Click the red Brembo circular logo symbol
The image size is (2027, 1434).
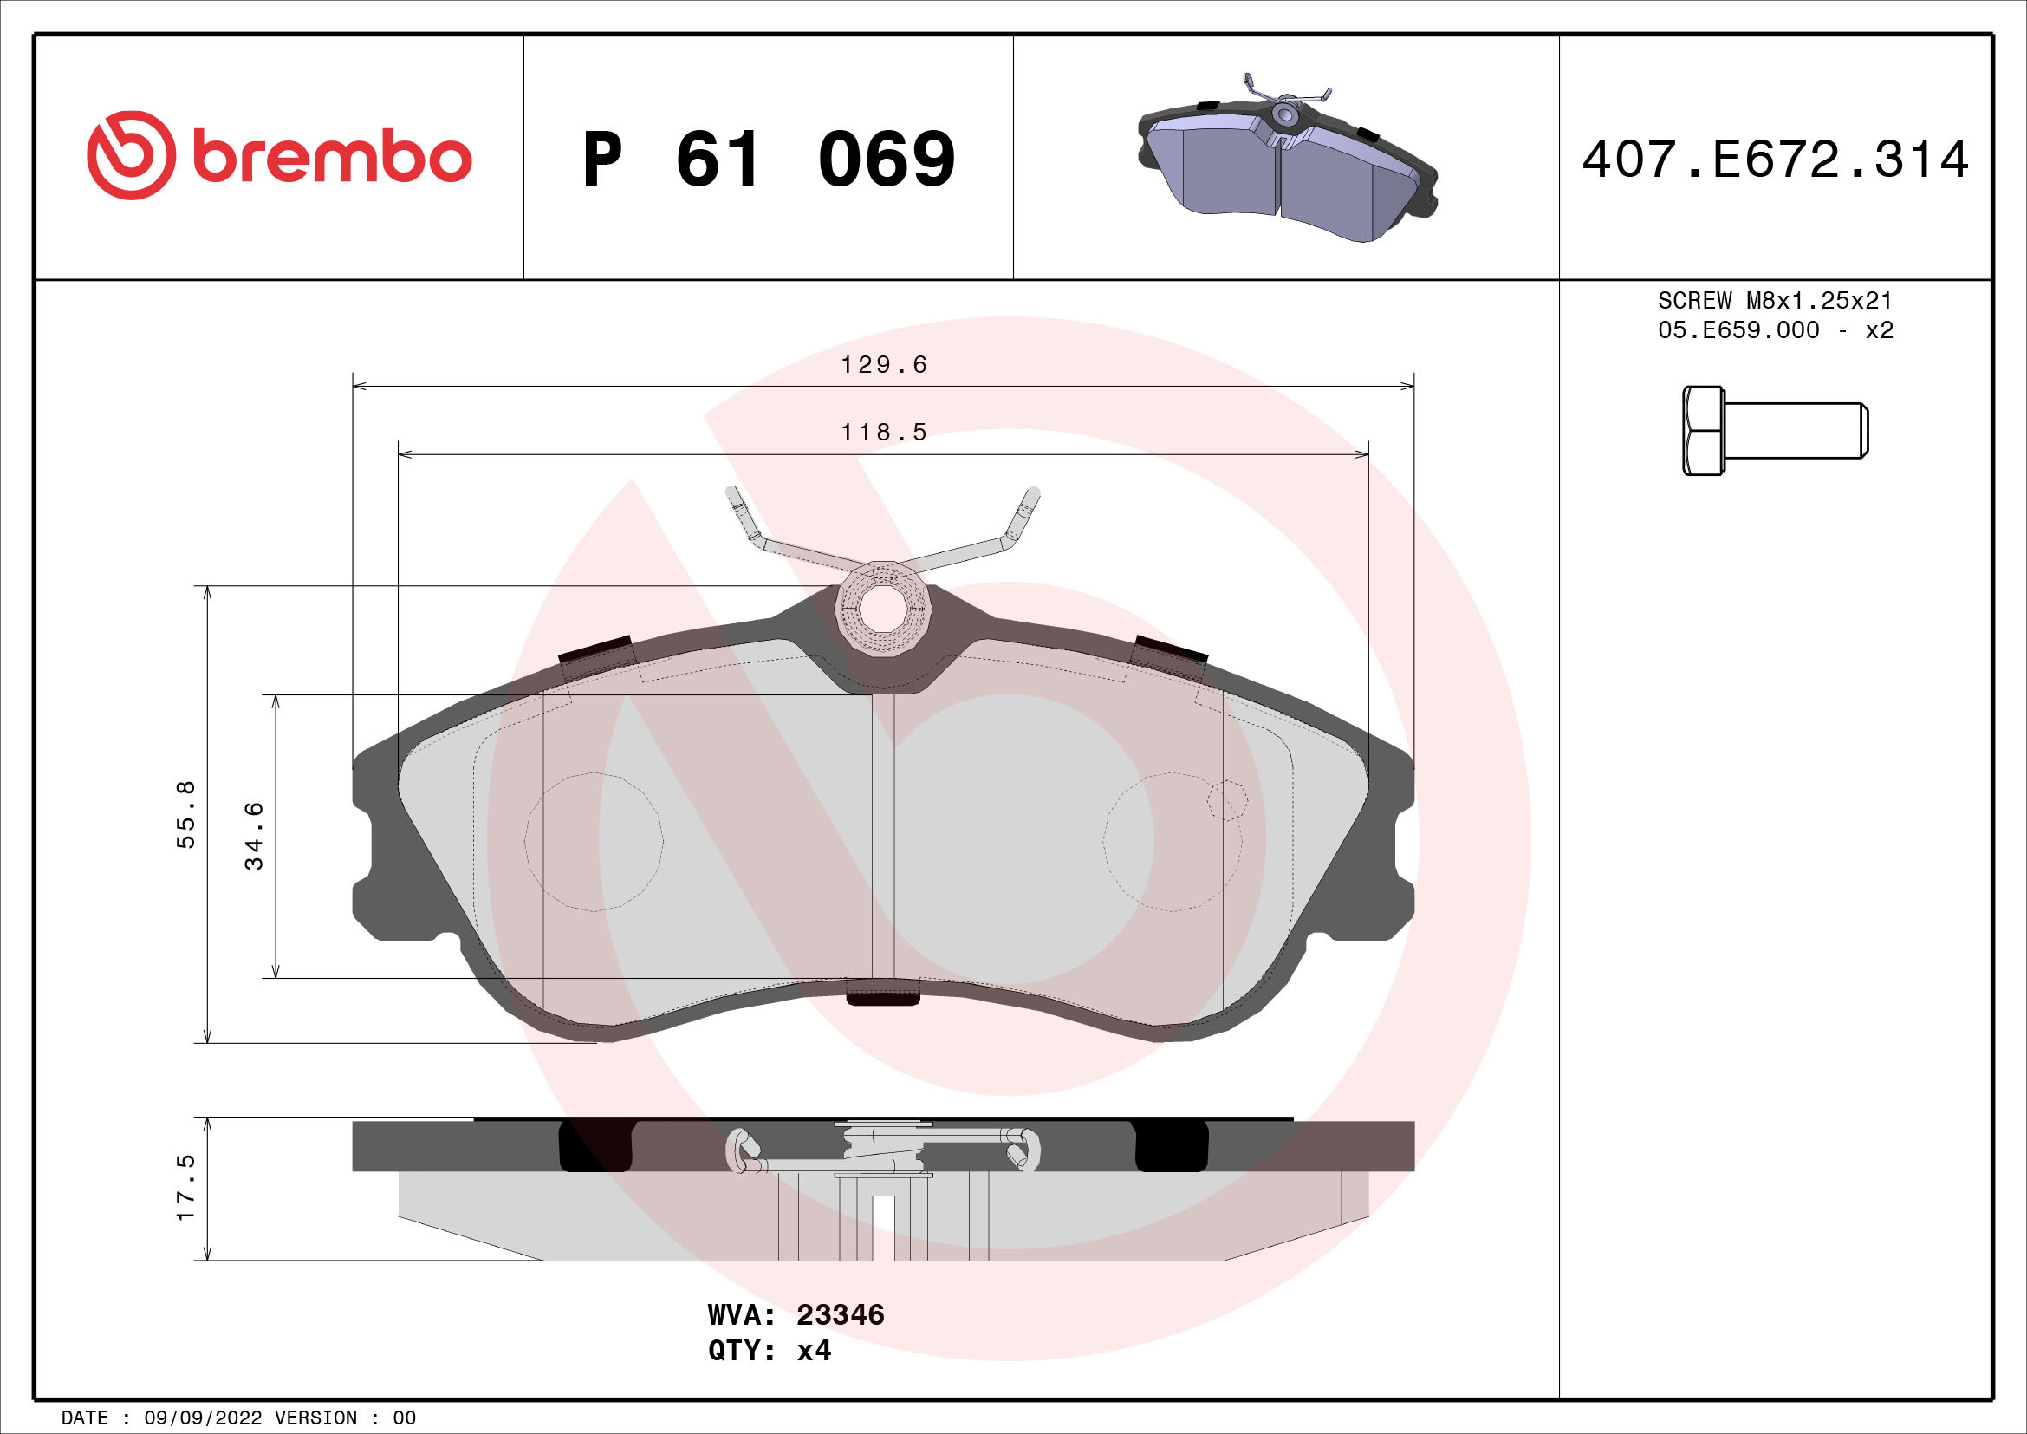pos(131,155)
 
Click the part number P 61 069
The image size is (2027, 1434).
pos(768,160)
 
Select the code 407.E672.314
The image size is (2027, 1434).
pos(1775,160)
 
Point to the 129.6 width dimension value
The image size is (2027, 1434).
pos(883,365)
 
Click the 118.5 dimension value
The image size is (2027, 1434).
pos(883,433)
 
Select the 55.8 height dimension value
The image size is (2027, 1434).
pos(186,814)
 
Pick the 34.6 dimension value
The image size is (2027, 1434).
pos(254,835)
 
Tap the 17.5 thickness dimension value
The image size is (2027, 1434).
pos(186,1188)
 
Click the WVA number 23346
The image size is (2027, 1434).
pos(840,1315)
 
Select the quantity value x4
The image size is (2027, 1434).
pos(813,1351)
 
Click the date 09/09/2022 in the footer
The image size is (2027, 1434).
pos(202,1418)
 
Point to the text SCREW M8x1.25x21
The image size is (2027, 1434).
pos(1775,300)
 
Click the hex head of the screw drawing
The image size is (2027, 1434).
pos(1702,431)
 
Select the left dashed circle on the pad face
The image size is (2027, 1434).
pos(594,842)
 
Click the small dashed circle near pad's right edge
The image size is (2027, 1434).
pos(1227,800)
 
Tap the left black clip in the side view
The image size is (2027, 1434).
pos(596,1146)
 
